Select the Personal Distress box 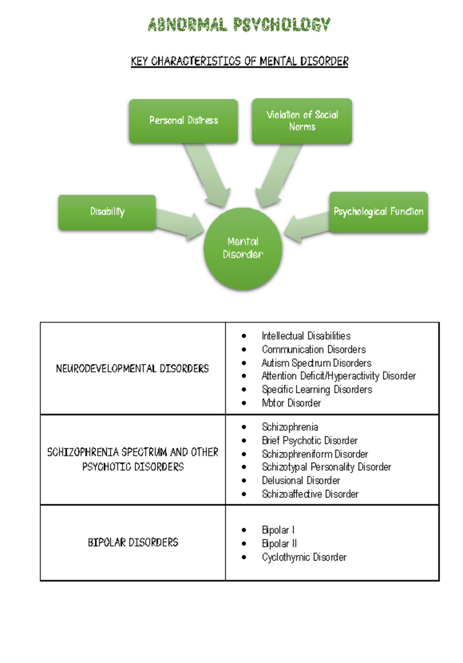pos(183,121)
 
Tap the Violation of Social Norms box pos(302,121)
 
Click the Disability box pos(107,212)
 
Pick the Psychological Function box pos(378,212)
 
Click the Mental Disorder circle pos(243,248)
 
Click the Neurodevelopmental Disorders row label pos(132,368)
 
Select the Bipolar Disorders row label pos(133,543)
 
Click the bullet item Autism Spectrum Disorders pos(316,363)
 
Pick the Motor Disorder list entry pos(291,403)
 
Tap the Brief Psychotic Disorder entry pos(309,441)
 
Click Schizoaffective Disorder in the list pos(310,494)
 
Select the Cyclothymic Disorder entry pos(304,557)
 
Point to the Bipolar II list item pos(279,544)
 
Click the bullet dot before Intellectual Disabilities pos(244,336)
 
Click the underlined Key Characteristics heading pos(239,61)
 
